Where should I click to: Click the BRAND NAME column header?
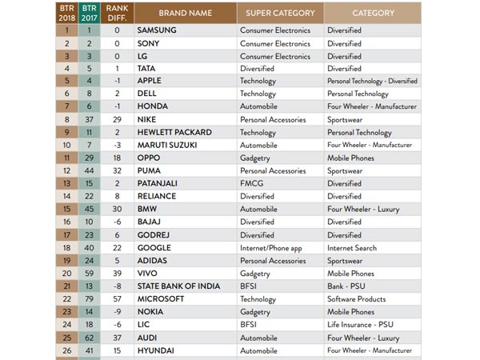point(185,13)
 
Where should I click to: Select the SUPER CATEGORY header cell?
point(280,13)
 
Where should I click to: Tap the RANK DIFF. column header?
point(117,13)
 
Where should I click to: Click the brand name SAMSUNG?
point(157,30)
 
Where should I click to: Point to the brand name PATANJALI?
point(159,184)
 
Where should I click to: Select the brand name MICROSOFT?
point(162,299)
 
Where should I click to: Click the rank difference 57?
point(117,299)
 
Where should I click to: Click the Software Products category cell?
point(361,299)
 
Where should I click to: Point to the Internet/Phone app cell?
point(272,248)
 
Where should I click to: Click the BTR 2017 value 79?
point(89,299)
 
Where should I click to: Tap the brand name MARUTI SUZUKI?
point(170,146)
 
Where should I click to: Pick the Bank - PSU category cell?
point(347,286)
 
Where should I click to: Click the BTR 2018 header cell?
point(65,13)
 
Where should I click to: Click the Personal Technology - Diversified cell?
point(371,82)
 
